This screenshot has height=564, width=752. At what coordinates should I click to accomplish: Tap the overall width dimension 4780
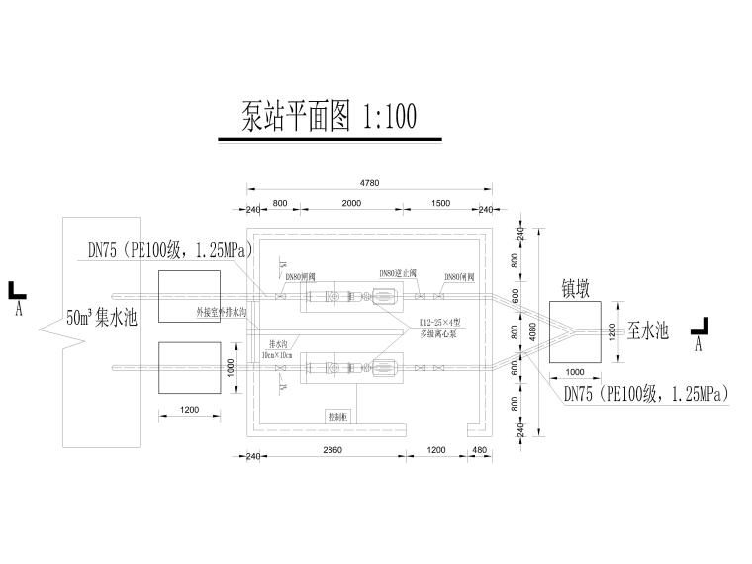[369, 183]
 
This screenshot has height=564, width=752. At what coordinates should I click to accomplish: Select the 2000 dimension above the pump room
[351, 203]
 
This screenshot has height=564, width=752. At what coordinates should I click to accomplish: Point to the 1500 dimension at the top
[441, 203]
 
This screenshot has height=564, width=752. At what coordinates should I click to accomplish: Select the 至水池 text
[648, 330]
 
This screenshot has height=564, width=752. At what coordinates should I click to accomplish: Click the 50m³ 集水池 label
[101, 318]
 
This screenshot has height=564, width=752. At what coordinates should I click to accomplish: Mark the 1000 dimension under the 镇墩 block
[574, 372]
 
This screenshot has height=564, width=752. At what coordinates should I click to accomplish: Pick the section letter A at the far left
[19, 308]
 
